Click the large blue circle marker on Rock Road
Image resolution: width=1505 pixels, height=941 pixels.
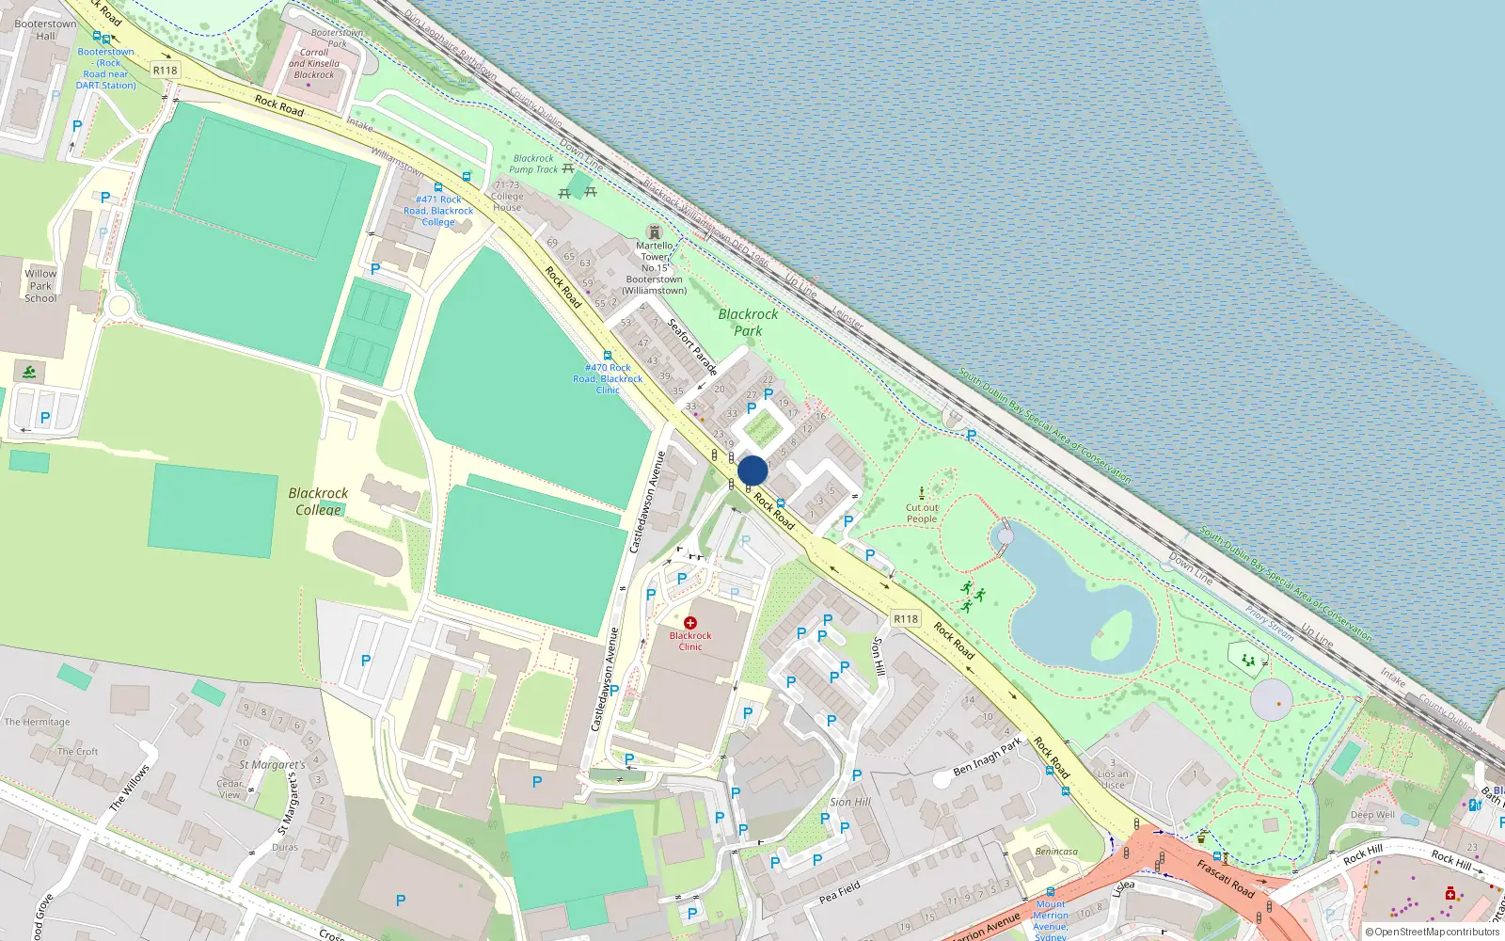tap(752, 470)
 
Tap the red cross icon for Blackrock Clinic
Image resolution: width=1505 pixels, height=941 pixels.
tap(690, 623)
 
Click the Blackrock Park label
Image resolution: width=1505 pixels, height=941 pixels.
tap(748, 322)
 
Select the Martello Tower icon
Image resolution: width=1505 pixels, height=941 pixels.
tap(655, 231)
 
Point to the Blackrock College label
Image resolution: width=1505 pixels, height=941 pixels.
tap(318, 502)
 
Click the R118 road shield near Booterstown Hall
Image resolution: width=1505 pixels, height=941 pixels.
tap(165, 71)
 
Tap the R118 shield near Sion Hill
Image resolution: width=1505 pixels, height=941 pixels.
tap(906, 618)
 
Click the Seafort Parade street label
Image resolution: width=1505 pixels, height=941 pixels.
tap(692, 347)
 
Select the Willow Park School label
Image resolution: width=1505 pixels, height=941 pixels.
tap(40, 286)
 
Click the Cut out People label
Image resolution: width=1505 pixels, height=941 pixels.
tap(922, 513)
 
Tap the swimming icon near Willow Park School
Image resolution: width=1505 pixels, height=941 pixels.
tap(29, 373)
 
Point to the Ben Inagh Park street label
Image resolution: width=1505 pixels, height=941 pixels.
tap(987, 757)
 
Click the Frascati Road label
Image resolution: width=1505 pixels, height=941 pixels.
tap(1225, 877)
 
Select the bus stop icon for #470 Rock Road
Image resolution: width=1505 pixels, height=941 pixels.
tap(608, 356)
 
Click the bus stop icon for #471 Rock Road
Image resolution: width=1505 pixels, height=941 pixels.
tap(437, 187)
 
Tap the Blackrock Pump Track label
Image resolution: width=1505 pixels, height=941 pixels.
tap(533, 164)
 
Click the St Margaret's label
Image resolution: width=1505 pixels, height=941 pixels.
tap(272, 765)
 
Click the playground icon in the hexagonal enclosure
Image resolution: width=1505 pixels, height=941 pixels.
tap(1248, 660)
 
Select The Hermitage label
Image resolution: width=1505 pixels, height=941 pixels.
tap(37, 722)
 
